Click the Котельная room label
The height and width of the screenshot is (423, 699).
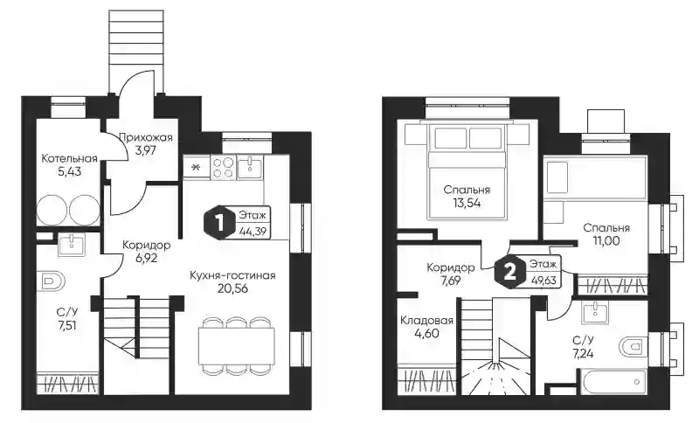coord(69,158)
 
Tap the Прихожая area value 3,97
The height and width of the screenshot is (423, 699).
coord(145,150)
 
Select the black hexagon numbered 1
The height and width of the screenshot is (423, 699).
coord(218,223)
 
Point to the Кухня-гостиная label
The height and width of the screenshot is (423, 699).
coord(232,275)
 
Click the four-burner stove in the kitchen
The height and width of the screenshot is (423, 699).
coord(223,168)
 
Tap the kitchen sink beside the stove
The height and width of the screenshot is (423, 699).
coord(250,167)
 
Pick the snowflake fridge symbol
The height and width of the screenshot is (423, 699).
coord(196,168)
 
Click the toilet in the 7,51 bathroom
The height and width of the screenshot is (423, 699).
coord(53,281)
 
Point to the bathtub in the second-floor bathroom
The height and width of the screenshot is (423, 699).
coord(612,382)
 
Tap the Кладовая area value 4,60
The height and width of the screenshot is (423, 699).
coord(426,333)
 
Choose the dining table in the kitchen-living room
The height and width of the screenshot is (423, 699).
coord(237,346)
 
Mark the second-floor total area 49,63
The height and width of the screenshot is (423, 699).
coord(543,280)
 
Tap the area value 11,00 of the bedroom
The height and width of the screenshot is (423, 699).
coord(606,241)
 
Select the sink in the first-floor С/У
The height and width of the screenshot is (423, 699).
coord(71,246)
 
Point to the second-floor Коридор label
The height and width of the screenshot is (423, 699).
coord(450,267)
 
